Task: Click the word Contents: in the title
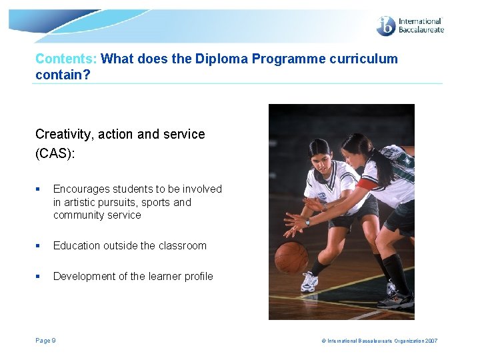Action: pos(66,59)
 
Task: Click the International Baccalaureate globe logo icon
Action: pos(386,25)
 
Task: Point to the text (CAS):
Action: pos(56,153)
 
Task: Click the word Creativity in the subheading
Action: pos(64,134)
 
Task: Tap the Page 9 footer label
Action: pos(45,341)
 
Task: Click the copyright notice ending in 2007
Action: pos(379,341)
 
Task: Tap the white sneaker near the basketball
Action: pos(308,283)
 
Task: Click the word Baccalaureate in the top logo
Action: pos(421,29)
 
